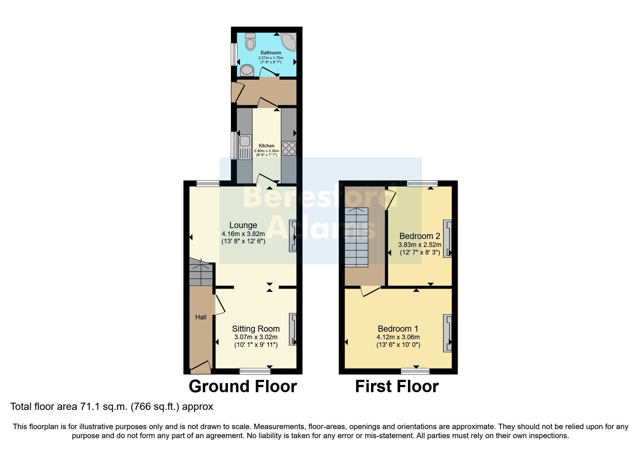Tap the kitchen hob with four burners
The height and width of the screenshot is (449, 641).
288,148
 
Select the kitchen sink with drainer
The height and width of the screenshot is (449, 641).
245,147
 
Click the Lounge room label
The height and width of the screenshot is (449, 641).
243,225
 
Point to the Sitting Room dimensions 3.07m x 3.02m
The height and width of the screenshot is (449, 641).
256,337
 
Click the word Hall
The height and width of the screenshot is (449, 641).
201,317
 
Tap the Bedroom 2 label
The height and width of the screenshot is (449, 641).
419,236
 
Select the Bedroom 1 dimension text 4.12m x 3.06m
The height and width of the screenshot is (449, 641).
398,337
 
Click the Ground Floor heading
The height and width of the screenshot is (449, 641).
243,386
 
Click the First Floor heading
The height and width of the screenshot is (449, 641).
397,386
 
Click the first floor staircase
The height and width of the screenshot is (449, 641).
356,237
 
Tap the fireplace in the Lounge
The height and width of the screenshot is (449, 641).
292,236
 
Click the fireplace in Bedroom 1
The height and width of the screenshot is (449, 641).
448,333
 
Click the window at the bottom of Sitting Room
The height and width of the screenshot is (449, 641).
255,371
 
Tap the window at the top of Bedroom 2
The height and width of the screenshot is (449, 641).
422,184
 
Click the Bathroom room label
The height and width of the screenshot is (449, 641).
271,53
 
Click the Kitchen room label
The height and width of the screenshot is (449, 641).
266,146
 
